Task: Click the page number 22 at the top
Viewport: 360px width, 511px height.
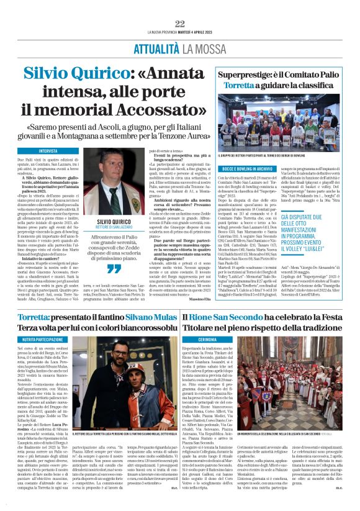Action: [180, 24]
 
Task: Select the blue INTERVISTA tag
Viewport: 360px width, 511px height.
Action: [48, 151]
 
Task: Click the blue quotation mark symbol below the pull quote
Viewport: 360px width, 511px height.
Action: [114, 268]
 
